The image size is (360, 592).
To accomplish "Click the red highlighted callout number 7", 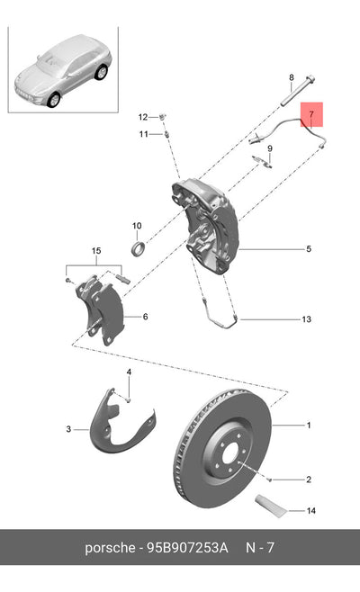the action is [311, 114].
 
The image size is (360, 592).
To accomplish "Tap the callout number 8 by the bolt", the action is [292, 77].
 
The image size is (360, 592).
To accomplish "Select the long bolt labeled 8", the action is [299, 91].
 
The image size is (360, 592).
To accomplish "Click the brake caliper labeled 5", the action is [206, 226].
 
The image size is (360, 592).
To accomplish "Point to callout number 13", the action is [306, 319].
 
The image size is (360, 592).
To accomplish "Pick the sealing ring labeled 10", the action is [138, 248].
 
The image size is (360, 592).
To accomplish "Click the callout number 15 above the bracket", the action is [96, 251].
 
